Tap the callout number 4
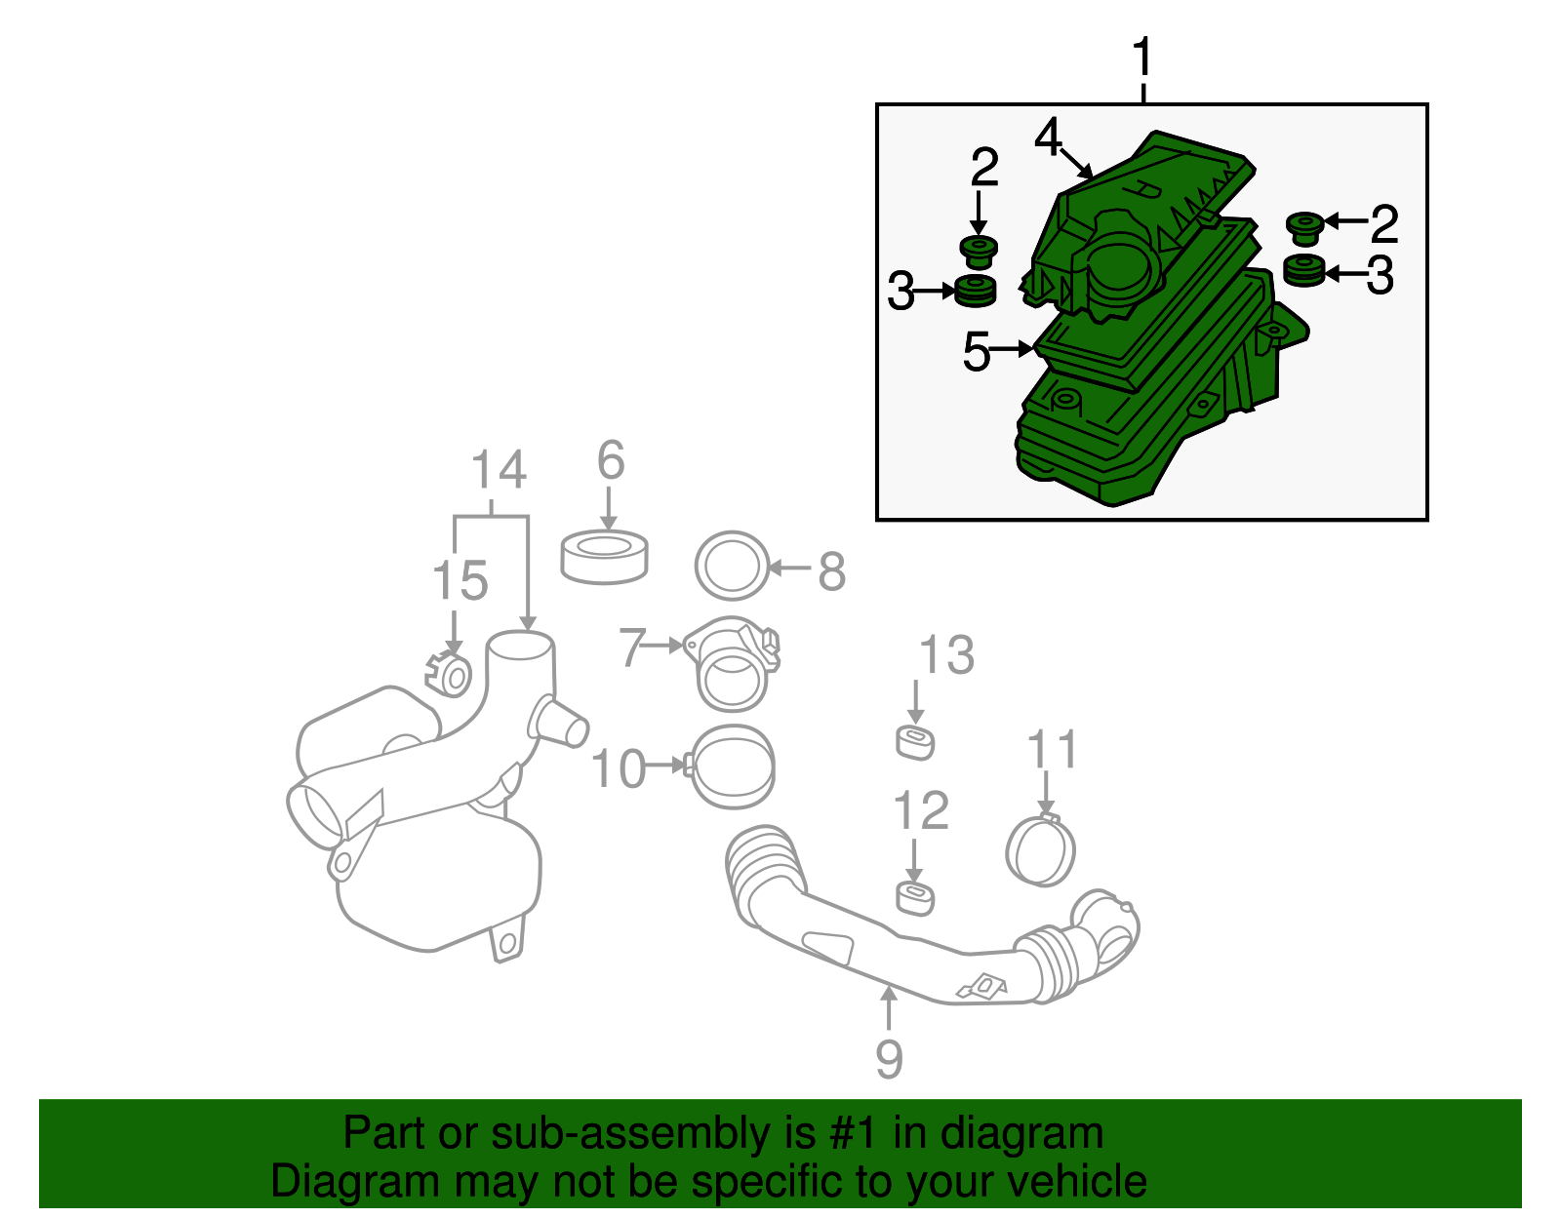[1048, 138]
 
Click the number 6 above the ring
[610, 460]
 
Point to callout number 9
[889, 1057]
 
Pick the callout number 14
[499, 471]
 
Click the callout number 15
[460, 581]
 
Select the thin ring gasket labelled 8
[731, 566]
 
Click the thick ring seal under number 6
[605, 558]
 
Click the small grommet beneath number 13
[915, 742]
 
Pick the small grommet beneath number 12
[915, 898]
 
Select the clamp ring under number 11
[1040, 850]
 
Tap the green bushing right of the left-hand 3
[975, 291]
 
